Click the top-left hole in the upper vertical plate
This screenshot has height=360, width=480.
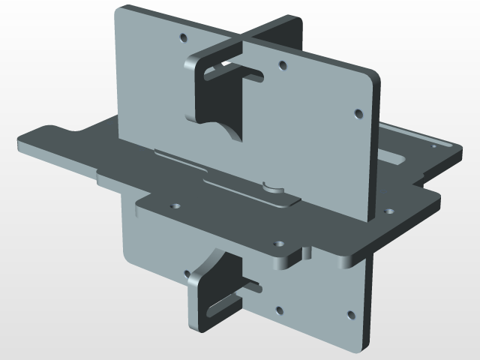point(183,36)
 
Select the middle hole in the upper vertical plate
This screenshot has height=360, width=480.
point(281,65)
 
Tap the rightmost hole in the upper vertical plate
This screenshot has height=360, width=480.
point(358,114)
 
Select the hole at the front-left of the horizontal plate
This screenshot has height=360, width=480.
point(175,204)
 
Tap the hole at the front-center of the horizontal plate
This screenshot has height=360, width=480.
point(279,244)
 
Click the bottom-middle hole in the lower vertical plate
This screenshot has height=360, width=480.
point(279,309)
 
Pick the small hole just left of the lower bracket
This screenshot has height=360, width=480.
point(184,273)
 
